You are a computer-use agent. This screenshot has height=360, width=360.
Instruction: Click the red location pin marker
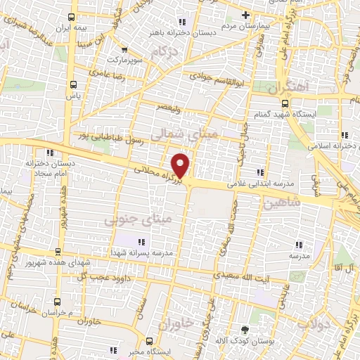181,165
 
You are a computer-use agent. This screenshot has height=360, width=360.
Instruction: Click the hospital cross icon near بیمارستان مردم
245,14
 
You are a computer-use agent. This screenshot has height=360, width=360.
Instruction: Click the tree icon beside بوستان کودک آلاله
245,330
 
